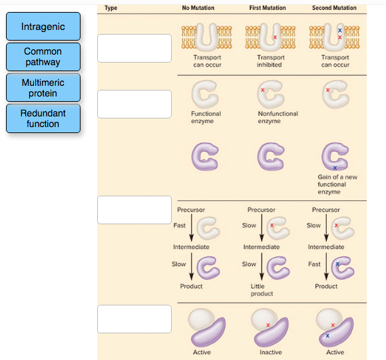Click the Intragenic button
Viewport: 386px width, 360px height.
(x=43, y=27)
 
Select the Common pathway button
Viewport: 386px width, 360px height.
(x=43, y=57)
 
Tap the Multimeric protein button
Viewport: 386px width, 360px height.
(x=43, y=88)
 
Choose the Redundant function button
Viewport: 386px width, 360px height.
(x=43, y=118)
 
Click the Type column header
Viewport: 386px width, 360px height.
(x=111, y=8)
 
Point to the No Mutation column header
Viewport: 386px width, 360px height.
(x=198, y=8)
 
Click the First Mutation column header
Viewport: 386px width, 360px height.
(x=268, y=8)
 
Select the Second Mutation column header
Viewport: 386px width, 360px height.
(x=334, y=8)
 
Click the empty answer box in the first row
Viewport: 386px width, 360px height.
(x=134, y=48)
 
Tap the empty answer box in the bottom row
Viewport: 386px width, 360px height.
(x=134, y=319)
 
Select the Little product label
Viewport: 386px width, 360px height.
(x=262, y=289)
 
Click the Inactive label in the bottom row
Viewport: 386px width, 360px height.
(x=270, y=352)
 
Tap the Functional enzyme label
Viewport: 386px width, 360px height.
(x=206, y=117)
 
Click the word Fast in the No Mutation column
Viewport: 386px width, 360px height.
(x=180, y=226)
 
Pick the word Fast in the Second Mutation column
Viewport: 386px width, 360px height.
(x=314, y=264)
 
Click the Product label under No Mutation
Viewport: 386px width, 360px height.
(x=191, y=286)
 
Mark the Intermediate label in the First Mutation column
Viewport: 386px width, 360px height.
(x=261, y=247)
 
